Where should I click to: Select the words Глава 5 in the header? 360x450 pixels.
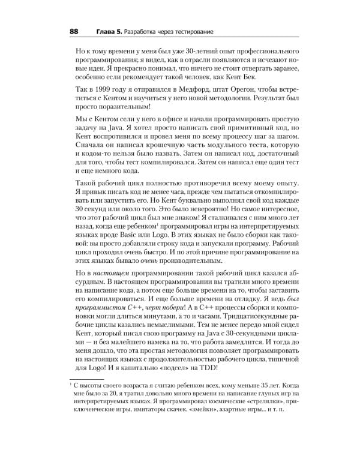110,31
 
